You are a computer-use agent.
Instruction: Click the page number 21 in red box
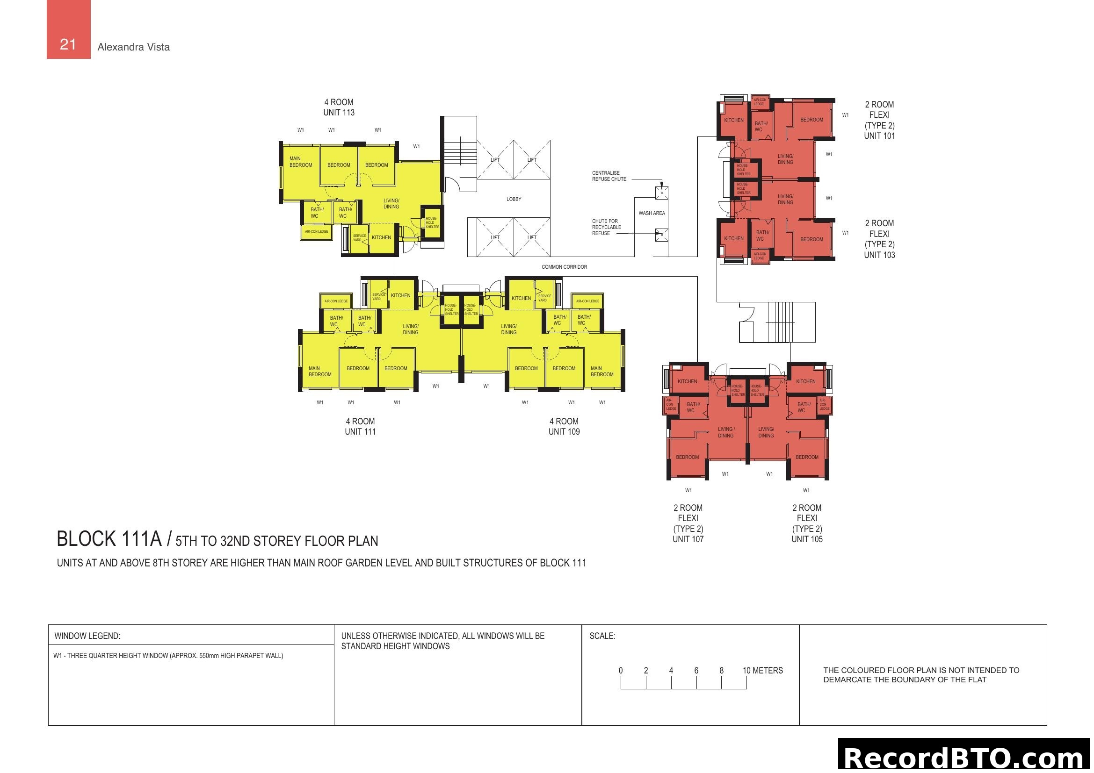(68, 44)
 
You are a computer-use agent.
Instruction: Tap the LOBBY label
(514, 199)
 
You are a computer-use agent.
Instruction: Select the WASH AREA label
(652, 213)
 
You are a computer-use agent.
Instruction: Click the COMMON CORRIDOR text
(564, 267)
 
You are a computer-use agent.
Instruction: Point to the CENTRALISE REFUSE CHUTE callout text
(609, 176)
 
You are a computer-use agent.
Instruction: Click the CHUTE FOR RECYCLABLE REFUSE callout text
(606, 227)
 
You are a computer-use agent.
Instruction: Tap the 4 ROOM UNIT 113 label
(339, 107)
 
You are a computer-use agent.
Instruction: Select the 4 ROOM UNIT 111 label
(360, 427)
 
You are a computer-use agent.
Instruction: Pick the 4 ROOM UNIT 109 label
(564, 427)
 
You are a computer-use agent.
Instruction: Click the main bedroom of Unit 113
(301, 162)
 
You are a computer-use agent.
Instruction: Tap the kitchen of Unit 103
(733, 238)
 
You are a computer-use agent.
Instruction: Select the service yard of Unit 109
(544, 298)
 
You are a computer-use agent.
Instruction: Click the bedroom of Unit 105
(807, 457)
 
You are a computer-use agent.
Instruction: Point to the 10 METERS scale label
(762, 670)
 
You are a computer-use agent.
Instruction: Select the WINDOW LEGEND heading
(87, 636)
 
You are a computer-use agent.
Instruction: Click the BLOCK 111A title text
(109, 539)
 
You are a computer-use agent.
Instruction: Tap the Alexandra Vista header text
(133, 47)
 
